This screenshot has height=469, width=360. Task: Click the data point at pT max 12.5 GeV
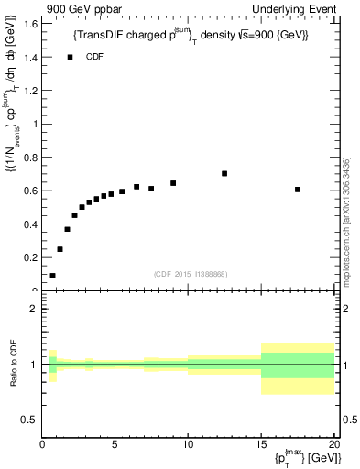coord(224,173)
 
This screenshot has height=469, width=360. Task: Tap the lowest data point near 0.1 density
coord(52,275)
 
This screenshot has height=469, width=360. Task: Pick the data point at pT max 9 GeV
coord(173,183)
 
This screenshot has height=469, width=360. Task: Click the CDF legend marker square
coord(69,57)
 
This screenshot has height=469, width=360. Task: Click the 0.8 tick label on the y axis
coord(31,158)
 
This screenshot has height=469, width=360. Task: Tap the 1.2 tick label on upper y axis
coord(31,91)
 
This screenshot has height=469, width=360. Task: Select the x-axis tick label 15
coord(261,446)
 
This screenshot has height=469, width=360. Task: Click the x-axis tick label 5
coord(115,446)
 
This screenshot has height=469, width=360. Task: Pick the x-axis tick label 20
coord(334,446)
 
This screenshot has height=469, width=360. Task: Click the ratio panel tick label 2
coord(33,310)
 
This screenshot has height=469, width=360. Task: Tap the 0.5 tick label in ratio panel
coord(30,420)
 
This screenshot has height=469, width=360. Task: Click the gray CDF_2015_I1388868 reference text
coord(191,273)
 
